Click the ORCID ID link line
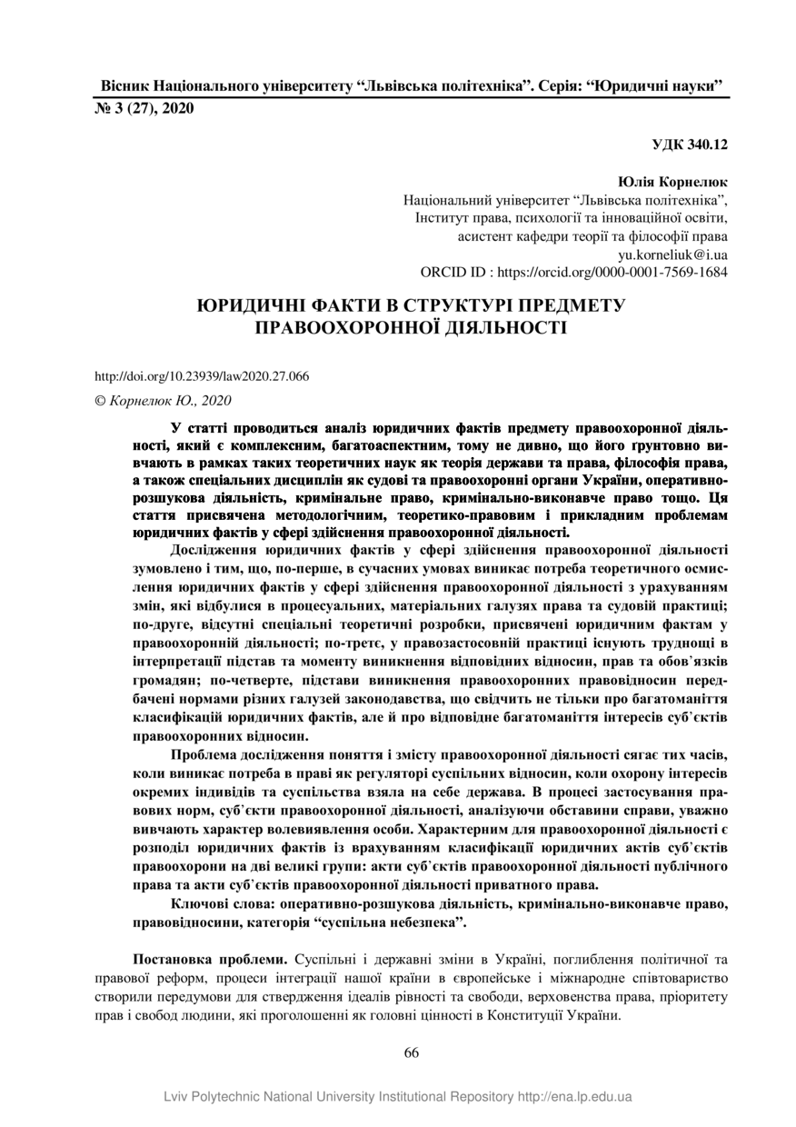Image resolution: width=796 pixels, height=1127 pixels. coord(573,272)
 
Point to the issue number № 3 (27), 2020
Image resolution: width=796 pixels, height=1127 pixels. coord(144,108)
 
